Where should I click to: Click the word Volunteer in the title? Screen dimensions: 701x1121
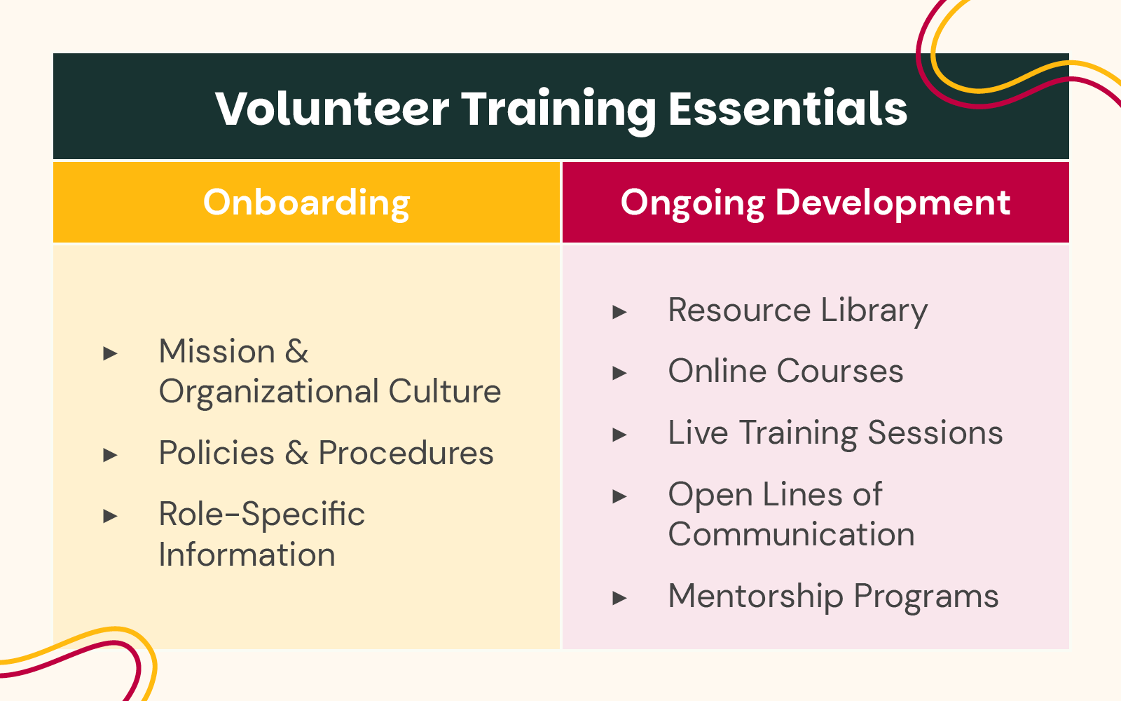point(332,109)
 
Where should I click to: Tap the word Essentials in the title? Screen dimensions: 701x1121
point(788,109)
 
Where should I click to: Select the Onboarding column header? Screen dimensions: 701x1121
point(307,203)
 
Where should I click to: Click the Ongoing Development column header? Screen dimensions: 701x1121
point(815,203)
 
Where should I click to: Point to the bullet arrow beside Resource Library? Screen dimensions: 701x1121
point(619,312)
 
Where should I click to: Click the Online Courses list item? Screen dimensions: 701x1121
point(785,371)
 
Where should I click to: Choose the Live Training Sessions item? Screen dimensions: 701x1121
point(835,433)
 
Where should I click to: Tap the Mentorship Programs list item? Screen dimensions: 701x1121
point(833,597)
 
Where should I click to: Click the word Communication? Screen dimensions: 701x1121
point(791,535)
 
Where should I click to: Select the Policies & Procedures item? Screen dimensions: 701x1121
point(326,453)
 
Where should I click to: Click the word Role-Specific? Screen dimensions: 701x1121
point(261,515)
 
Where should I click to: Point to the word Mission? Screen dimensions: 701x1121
point(217,351)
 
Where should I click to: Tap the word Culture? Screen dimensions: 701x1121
point(445,391)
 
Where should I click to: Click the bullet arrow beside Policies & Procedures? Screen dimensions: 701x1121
point(110,456)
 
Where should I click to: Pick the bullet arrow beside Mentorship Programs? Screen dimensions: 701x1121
point(619,599)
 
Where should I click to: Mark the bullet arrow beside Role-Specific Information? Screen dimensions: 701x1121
point(110,517)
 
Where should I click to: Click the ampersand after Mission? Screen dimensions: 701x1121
point(297,351)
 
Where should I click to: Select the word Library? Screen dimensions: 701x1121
point(874,311)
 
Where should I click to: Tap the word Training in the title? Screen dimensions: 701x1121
point(558,109)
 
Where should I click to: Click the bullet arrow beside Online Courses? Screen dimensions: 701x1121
point(619,374)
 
